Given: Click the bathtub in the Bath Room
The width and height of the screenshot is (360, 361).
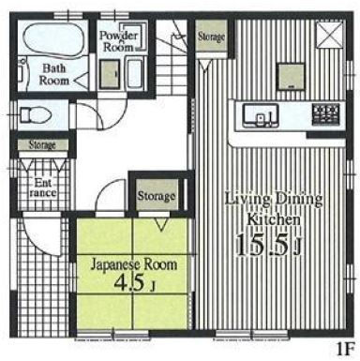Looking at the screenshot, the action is [x=52, y=40].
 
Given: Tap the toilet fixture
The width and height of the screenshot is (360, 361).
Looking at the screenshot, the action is [x=35, y=114].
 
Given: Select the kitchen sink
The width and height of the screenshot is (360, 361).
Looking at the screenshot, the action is [x=262, y=114].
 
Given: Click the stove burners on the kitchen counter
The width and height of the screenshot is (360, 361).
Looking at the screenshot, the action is [x=325, y=113].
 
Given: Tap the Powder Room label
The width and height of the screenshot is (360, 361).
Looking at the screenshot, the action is [x=118, y=41].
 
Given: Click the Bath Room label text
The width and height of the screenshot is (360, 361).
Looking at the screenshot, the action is [x=53, y=74].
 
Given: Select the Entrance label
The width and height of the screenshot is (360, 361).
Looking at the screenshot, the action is [x=43, y=188].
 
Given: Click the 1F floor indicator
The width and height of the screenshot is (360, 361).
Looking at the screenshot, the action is [x=346, y=349].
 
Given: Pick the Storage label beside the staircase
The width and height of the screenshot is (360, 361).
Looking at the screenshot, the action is [x=211, y=37].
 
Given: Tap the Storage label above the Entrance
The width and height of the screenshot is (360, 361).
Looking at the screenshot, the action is [x=42, y=144].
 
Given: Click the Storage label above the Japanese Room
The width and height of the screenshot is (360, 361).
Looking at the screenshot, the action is [x=157, y=196].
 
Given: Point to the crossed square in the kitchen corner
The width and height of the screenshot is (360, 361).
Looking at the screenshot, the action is [x=329, y=35].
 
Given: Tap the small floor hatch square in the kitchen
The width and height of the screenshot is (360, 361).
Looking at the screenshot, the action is [x=292, y=76].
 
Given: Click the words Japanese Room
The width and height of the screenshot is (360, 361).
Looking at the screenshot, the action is [x=134, y=265].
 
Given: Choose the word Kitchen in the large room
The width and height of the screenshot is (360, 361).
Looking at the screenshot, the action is [x=274, y=219].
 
